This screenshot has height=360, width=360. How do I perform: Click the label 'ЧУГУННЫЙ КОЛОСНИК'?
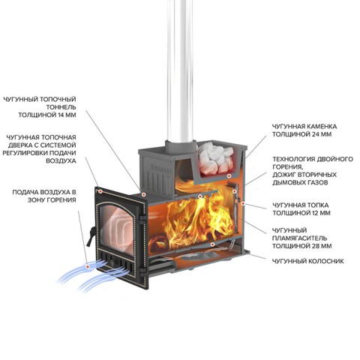click(308, 261)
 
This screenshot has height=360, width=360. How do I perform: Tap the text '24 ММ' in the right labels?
click(322, 134)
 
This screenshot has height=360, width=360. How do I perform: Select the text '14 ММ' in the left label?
click(66, 115)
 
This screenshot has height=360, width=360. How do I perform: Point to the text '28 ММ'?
click(322, 246)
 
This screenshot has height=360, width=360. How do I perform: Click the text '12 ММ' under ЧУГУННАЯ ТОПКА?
click(321, 213)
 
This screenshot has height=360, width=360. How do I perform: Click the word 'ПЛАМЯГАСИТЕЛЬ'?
click(299, 238)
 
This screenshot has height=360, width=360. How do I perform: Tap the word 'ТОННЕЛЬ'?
click(61, 107)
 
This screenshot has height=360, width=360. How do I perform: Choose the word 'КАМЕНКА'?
click(321, 126)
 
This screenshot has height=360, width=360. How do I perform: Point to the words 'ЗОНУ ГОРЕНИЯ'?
click(52, 200)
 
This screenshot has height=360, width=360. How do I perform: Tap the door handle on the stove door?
click(91, 236)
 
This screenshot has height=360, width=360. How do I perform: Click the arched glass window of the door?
click(117, 228)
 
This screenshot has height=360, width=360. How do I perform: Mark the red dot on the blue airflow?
click(87, 267)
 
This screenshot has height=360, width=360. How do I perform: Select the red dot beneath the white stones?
click(229, 176)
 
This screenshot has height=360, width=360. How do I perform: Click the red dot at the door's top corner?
click(100, 191)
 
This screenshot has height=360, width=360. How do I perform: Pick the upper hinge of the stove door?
click(143, 217)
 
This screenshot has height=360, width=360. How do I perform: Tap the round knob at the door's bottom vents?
click(112, 262)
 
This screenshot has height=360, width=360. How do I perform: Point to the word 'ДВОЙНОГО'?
click(335, 159)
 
